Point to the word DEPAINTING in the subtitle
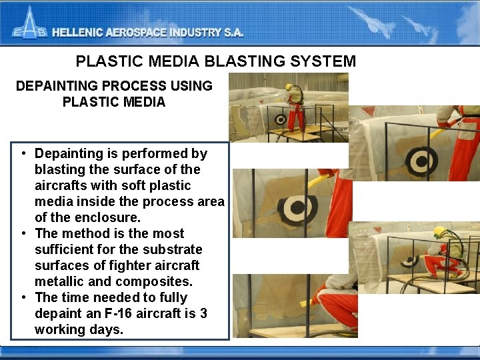point(53,86)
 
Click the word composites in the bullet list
point(157,281)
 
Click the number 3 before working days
point(203,313)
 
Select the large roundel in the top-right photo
point(421,159)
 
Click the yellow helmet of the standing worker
point(289,87)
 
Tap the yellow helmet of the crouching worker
point(439,231)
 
